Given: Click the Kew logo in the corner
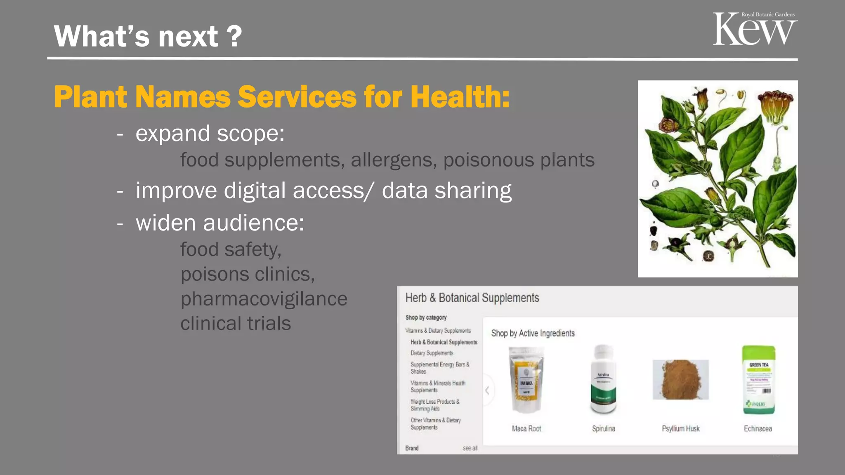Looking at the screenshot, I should pyautogui.click(x=755, y=29).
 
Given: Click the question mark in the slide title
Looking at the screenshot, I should pyautogui.click(x=234, y=36).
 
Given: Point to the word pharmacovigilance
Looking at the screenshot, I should pyautogui.click(x=264, y=299).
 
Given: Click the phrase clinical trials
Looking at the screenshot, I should pyautogui.click(x=236, y=324).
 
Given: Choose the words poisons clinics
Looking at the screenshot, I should pyautogui.click(x=248, y=274).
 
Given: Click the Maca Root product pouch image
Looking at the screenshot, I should pyautogui.click(x=526, y=380).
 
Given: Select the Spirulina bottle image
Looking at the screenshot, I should pyautogui.click(x=603, y=379).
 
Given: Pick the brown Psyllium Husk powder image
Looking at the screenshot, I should pyautogui.click(x=681, y=379).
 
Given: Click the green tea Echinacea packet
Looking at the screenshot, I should pyautogui.click(x=758, y=380).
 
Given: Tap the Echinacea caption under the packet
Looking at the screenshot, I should pyautogui.click(x=758, y=429).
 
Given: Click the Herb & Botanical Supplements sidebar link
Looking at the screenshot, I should pyautogui.click(x=444, y=342).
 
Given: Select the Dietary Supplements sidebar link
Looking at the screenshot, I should pyautogui.click(x=432, y=353).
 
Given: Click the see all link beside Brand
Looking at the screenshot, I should pyautogui.click(x=470, y=448).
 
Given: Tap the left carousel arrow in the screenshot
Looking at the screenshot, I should pyautogui.click(x=487, y=390).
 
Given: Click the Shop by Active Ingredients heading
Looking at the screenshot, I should pyautogui.click(x=533, y=333).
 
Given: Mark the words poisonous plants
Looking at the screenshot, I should pyautogui.click(x=519, y=160).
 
